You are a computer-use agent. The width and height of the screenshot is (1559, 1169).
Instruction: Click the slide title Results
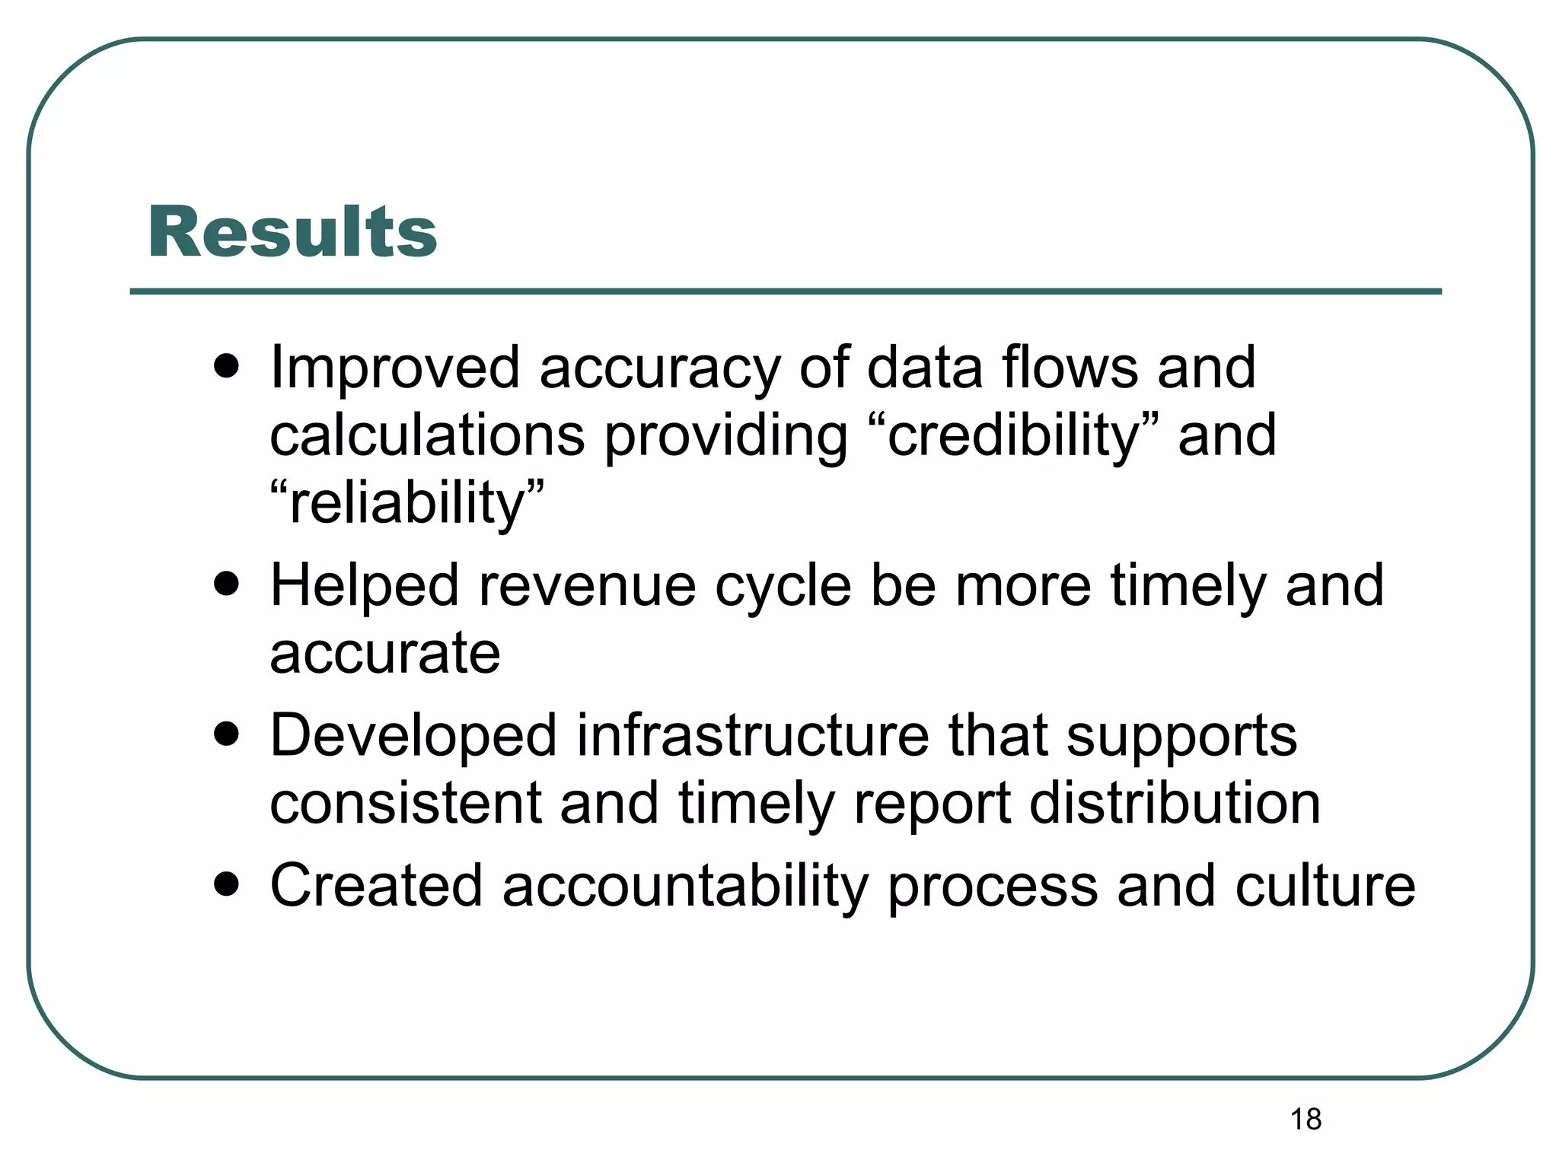click(x=292, y=232)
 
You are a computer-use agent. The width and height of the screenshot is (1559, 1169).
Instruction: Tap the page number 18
click(x=1306, y=1120)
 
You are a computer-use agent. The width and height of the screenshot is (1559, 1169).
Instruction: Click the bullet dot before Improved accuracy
click(x=226, y=366)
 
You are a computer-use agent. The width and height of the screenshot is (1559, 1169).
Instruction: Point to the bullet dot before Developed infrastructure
click(x=226, y=734)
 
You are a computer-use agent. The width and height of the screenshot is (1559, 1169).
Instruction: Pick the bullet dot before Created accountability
click(x=226, y=884)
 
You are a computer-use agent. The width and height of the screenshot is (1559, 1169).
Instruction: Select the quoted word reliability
click(x=407, y=503)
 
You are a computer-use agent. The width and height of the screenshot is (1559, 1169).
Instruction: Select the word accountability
click(x=684, y=886)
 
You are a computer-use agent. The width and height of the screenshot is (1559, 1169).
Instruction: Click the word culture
click(x=1325, y=886)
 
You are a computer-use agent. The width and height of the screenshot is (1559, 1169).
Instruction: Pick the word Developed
click(x=413, y=736)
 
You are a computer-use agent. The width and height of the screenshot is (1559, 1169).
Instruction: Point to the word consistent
click(x=405, y=804)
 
